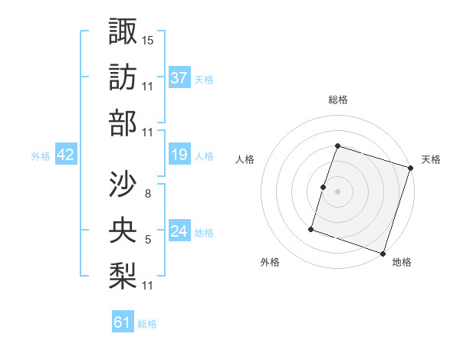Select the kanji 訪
click(x=123, y=77)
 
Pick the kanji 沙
click(x=123, y=184)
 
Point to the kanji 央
click(x=123, y=231)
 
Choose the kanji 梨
click(x=123, y=277)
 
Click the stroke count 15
click(x=148, y=40)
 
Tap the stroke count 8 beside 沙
click(x=147, y=193)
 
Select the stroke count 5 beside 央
click(x=148, y=240)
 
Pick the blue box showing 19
click(x=179, y=155)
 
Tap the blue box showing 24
click(x=179, y=231)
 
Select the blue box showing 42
click(x=65, y=155)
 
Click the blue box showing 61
click(x=123, y=322)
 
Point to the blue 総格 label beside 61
click(x=147, y=324)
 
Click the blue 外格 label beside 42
click(x=41, y=156)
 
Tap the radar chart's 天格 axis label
click(x=431, y=159)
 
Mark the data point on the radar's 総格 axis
click(x=337, y=146)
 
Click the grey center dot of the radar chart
click(x=337, y=191)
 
